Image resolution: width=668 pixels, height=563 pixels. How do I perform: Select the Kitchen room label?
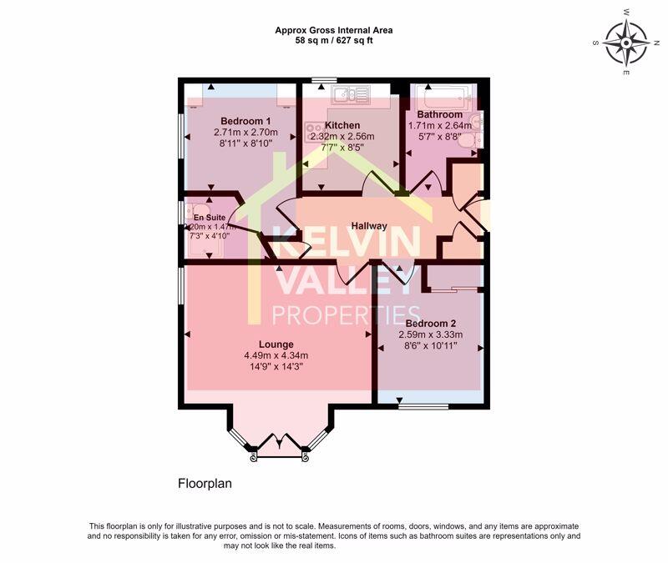342,125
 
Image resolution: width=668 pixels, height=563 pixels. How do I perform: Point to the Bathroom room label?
440,114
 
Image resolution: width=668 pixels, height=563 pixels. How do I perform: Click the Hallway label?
368,226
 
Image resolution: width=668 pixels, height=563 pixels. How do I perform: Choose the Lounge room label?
276,344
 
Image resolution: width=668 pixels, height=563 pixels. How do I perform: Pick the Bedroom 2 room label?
430,324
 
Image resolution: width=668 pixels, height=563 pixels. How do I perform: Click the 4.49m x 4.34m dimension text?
276,355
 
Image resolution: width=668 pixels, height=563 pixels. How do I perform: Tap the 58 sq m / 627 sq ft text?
334,41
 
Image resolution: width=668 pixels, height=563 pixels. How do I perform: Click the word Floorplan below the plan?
205,483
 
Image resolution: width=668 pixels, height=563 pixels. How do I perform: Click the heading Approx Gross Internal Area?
334,30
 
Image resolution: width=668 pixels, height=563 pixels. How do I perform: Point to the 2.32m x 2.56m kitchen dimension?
342,137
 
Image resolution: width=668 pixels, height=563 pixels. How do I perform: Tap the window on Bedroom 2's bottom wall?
423,407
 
